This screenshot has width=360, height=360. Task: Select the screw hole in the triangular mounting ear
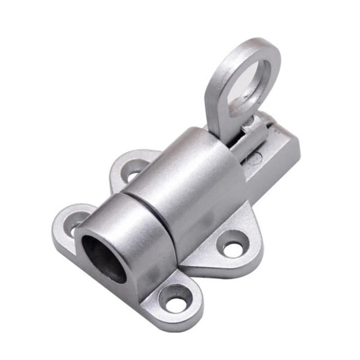coord(234,245)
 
